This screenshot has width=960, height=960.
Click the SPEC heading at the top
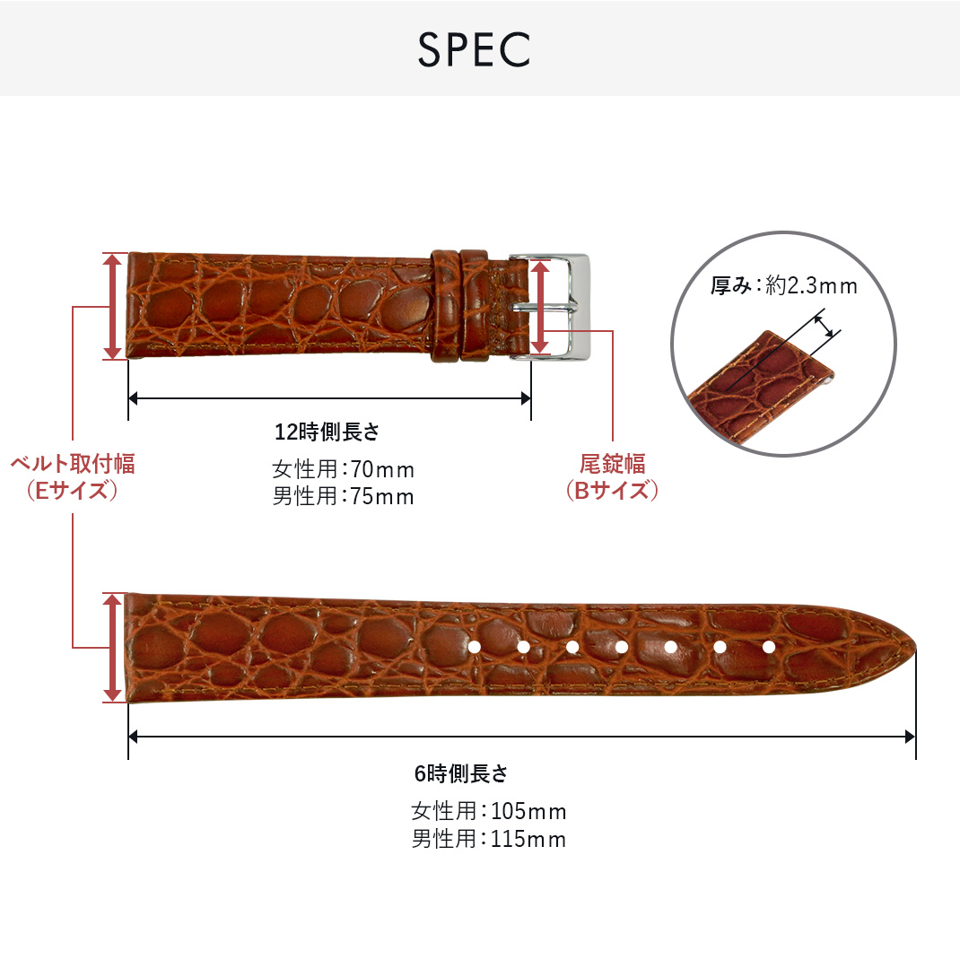474,51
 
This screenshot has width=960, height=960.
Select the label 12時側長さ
327,432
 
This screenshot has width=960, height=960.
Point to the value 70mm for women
382,469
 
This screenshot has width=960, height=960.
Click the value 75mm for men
382,496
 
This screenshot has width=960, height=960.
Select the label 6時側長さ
461,773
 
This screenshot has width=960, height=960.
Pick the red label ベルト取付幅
73,464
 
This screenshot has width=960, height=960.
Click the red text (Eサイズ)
73,491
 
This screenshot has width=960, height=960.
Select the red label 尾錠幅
612,464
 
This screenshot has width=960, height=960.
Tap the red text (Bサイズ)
612,491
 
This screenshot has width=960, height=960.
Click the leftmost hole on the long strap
475,646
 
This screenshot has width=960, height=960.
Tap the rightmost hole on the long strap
768,646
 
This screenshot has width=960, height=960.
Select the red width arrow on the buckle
539,307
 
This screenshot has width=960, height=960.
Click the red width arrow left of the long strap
113,647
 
